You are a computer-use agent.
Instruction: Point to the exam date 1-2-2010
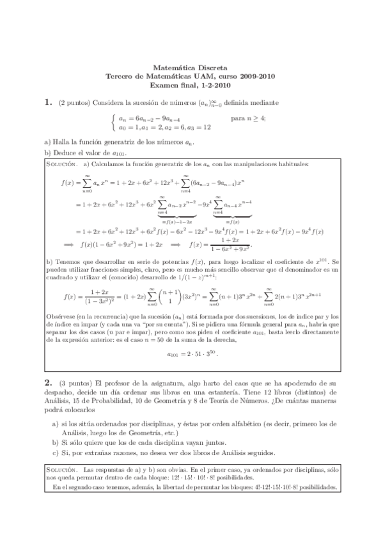(x=215, y=84)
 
